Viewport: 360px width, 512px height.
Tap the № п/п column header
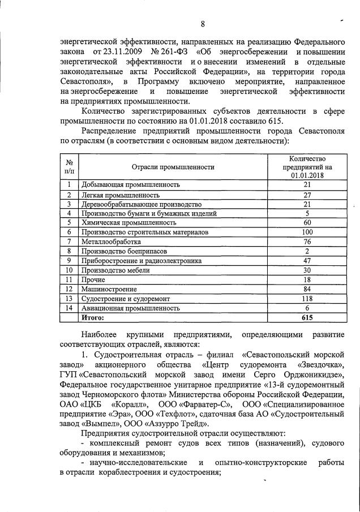click(x=68, y=167)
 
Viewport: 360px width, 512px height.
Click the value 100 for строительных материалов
click(x=307, y=232)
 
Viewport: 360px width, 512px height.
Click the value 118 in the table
click(x=307, y=299)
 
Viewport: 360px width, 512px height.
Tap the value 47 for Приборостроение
click(x=307, y=261)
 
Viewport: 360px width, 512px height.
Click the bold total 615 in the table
click(x=307, y=318)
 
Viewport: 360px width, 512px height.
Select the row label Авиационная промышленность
click(x=131, y=308)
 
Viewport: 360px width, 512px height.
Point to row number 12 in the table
click(x=68, y=289)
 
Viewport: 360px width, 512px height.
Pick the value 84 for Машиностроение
click(x=307, y=289)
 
